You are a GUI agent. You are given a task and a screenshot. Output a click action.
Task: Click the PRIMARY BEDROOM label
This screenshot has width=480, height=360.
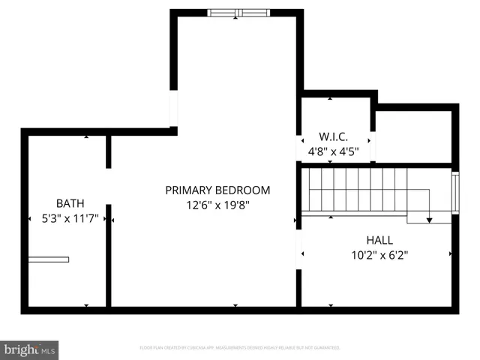217,190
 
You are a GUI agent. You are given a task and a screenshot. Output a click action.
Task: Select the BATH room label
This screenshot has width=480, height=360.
70,203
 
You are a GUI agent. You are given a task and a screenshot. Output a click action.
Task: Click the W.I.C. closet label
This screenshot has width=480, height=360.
332,137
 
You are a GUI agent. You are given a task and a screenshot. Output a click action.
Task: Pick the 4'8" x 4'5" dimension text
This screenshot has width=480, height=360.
333,151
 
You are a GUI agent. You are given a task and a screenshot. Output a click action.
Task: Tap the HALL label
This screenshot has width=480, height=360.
379,240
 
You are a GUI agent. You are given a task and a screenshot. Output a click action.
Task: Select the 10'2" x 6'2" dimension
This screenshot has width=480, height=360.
379,255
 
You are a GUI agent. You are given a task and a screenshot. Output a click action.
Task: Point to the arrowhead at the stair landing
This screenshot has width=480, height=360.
430,220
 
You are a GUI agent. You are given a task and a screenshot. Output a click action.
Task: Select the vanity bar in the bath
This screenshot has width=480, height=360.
49,259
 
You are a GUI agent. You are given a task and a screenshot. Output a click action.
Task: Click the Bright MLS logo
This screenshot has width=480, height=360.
29,350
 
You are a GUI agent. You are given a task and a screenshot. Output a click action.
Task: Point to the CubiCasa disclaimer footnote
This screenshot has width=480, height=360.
240,348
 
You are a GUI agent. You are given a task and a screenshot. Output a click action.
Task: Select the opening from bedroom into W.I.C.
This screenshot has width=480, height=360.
299,147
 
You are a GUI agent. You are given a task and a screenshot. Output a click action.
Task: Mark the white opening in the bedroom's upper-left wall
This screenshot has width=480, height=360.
174,111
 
